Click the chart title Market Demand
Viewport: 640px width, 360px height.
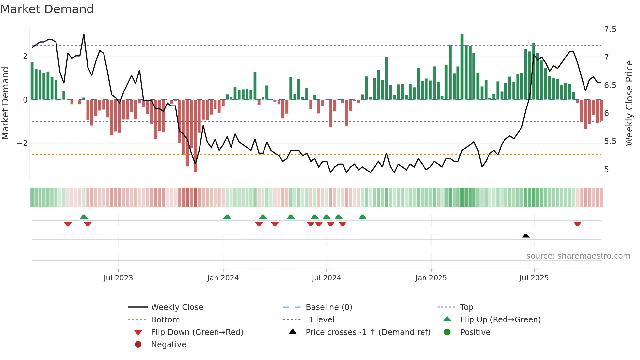click(x=47, y=9)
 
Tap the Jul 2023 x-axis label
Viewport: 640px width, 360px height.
click(x=118, y=278)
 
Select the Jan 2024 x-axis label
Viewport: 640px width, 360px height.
click(x=223, y=278)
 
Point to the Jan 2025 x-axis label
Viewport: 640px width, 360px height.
click(x=431, y=278)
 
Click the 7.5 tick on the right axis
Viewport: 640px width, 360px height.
click(x=610, y=29)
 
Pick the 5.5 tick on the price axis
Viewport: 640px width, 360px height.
click(x=610, y=141)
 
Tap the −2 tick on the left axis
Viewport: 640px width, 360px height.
click(x=22, y=143)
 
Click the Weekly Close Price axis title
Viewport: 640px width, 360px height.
click(x=629, y=103)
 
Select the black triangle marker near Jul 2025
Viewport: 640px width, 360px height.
click(x=525, y=236)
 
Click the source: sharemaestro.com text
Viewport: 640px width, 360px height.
click(x=578, y=256)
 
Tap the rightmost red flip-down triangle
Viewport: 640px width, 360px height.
click(x=577, y=224)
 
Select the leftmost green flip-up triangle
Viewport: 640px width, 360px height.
click(x=84, y=217)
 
